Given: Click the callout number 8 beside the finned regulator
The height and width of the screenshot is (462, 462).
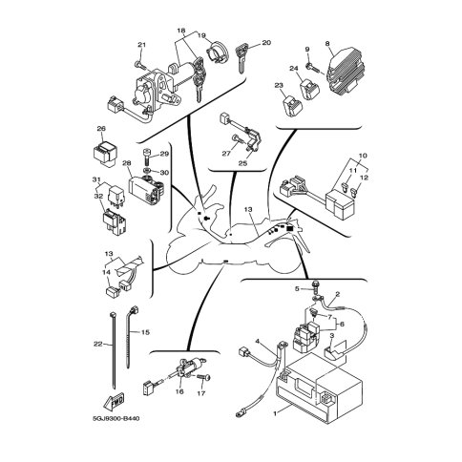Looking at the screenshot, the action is click(327, 43).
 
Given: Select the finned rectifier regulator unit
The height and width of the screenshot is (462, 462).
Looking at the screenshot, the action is click(345, 71).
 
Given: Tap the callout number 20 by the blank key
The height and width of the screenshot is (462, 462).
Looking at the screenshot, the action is click(266, 43).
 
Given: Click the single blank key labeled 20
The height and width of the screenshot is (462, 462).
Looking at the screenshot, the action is click(241, 59).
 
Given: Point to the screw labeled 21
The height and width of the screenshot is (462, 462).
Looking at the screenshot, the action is click(140, 66).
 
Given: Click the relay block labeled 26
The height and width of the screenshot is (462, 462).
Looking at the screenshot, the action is click(104, 154).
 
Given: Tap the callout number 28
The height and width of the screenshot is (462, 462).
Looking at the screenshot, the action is click(126, 163).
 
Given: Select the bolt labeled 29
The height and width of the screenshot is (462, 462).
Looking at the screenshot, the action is click(147, 157).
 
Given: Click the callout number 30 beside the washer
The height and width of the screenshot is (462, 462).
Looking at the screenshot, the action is click(164, 173).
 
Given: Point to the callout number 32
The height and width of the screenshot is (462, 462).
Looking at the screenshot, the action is click(98, 197).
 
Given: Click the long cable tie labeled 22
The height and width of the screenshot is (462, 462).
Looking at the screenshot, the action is click(113, 350).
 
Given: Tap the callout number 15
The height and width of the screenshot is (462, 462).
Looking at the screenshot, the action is click(145, 332).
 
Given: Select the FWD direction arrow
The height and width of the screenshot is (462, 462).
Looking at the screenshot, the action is click(114, 401).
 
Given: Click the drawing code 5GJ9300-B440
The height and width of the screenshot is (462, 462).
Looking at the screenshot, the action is click(115, 418).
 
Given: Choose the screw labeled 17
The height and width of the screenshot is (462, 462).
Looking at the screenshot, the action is click(204, 377).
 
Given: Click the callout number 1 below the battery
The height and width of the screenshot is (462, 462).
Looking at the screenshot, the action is click(276, 413).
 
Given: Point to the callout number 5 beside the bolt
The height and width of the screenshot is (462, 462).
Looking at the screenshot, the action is click(297, 289).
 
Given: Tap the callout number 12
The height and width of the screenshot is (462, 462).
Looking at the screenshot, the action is click(365, 178).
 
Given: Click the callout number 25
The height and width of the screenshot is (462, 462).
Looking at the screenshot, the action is click(242, 163).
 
